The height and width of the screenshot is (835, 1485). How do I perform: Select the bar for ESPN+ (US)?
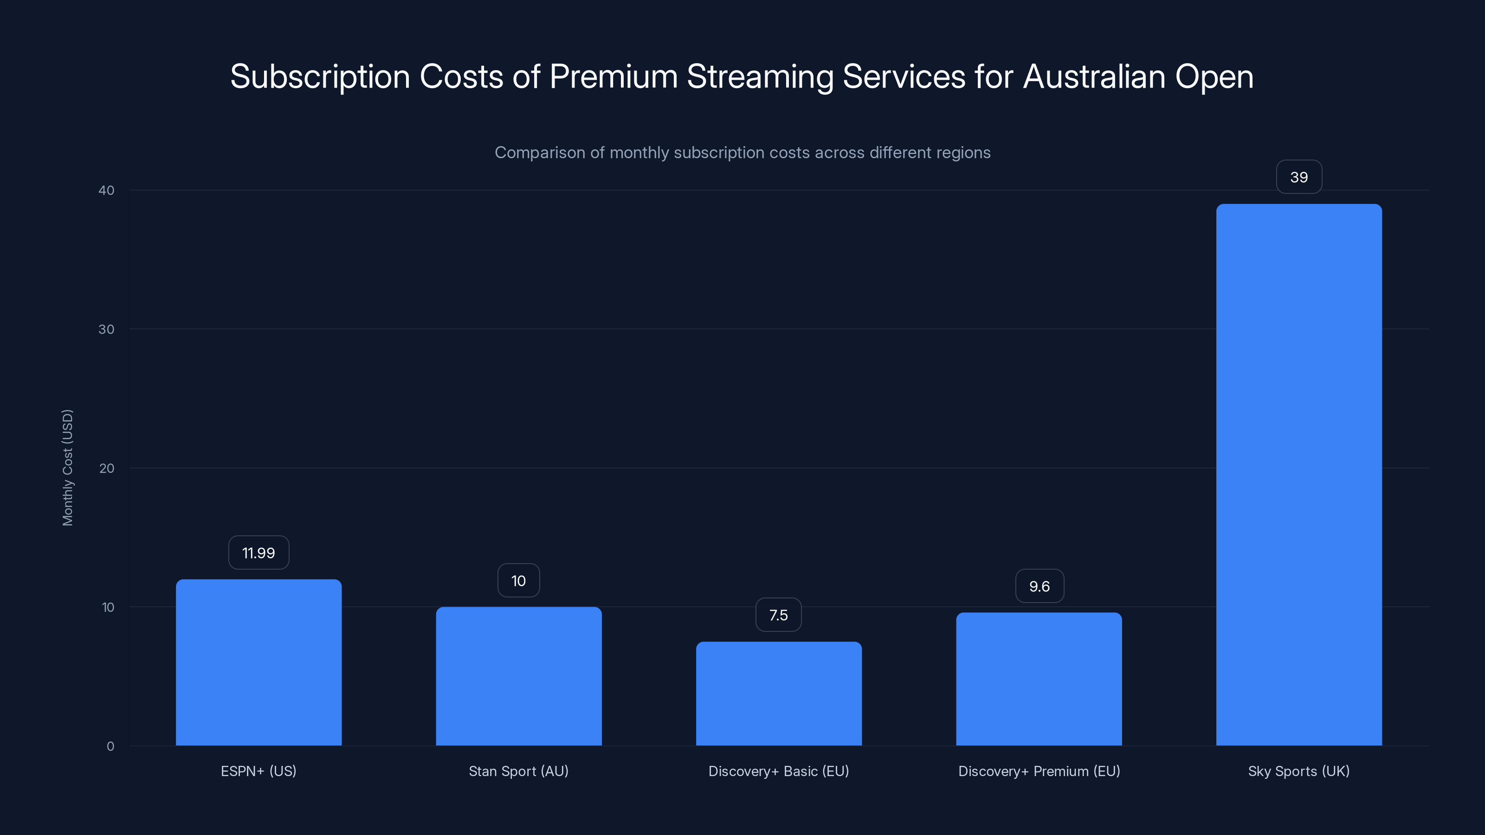click(x=258, y=663)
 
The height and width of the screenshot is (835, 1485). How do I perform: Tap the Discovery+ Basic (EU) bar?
click(x=778, y=694)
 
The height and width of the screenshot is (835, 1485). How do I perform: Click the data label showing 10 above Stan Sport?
click(x=518, y=580)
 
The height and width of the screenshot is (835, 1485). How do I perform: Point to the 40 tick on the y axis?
click(x=106, y=190)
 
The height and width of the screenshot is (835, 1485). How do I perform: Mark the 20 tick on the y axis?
click(x=106, y=468)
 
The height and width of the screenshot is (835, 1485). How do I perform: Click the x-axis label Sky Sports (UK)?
click(x=1299, y=771)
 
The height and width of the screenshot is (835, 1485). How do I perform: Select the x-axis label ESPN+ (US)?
click(x=258, y=771)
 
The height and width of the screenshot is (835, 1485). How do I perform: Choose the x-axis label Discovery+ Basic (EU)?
click(x=778, y=771)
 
